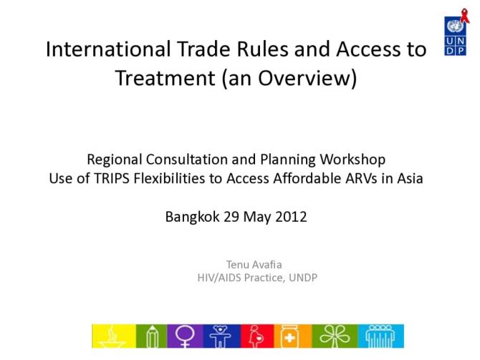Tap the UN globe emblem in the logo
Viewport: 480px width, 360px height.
point(453,29)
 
